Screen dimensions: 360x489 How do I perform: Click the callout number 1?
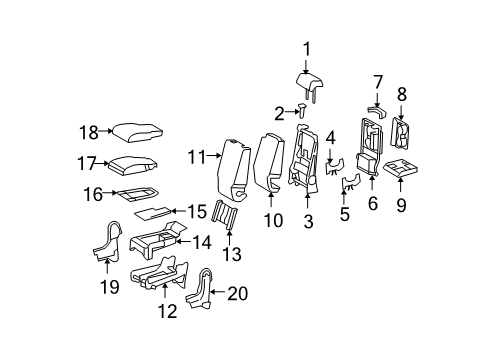pyautogui.click(x=307, y=46)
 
